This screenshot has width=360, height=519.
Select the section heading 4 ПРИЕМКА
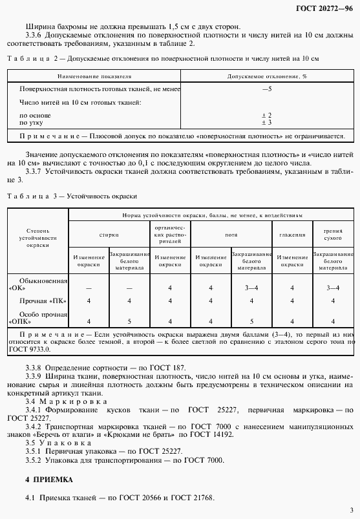coord(48,480)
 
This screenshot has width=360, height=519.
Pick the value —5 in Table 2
coord(266,88)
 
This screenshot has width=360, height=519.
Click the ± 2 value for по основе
coord(266,114)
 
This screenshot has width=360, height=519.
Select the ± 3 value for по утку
coord(266,122)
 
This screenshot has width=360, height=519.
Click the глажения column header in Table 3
coord(291,235)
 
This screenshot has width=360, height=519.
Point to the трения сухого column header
coord(333,234)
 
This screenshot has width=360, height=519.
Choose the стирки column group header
coord(109,235)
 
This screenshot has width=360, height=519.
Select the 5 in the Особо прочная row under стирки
coord(129,321)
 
